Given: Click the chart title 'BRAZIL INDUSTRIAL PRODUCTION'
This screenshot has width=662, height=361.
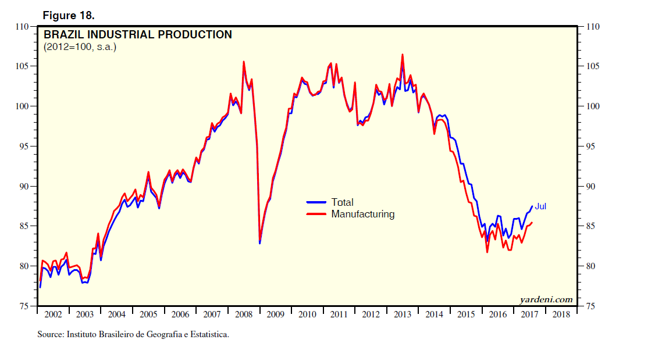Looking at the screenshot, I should click(x=138, y=35).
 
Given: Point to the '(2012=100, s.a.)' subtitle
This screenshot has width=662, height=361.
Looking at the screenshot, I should click(x=80, y=47).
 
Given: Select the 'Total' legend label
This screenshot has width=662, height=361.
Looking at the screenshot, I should click(x=342, y=202).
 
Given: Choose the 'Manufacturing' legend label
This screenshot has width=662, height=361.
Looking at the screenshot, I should click(x=362, y=214).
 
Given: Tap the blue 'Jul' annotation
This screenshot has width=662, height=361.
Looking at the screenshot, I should click(x=540, y=206).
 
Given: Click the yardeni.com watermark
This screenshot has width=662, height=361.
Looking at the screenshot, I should click(x=546, y=299).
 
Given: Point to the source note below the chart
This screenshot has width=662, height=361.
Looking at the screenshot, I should click(x=133, y=334).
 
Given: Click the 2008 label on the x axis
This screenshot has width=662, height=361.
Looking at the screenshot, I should click(x=244, y=314).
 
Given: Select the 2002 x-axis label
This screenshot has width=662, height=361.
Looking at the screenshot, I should click(x=53, y=314).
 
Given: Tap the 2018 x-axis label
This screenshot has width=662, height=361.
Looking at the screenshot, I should click(x=561, y=314).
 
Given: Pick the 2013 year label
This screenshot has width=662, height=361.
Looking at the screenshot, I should click(x=403, y=314).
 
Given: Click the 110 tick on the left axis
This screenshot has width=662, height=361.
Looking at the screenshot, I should click(x=23, y=27).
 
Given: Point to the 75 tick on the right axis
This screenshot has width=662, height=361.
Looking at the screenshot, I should click(x=592, y=306).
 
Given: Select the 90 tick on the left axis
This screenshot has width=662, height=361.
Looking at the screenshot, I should click(x=25, y=187).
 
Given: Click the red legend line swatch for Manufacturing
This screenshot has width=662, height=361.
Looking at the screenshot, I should click(x=316, y=214).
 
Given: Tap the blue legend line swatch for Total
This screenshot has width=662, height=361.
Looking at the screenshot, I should click(x=316, y=202).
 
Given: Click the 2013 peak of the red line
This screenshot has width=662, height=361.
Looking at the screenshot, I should click(x=402, y=55).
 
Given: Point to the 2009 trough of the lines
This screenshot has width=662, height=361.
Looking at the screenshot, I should click(x=259, y=242).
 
